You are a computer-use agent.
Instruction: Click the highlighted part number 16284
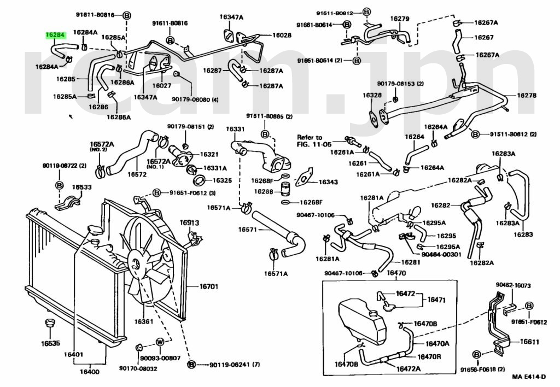click(x=55, y=35)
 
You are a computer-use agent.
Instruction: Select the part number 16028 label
click(x=282, y=35)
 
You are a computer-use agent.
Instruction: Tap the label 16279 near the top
click(x=399, y=19)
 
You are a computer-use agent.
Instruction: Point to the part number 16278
click(x=527, y=95)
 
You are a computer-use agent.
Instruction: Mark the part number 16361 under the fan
click(x=143, y=321)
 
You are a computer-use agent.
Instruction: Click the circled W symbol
click(x=160, y=342)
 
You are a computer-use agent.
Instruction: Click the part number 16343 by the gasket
click(x=328, y=182)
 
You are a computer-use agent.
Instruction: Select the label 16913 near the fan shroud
click(x=189, y=222)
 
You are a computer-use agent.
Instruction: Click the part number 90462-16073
click(x=514, y=285)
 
